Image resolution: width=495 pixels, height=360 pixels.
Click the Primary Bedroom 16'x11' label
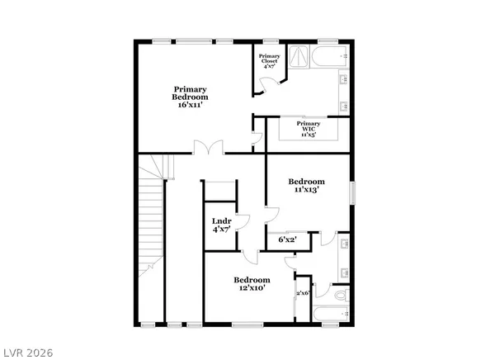click(x=189, y=97)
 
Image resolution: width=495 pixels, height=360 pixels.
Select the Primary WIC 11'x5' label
click(x=309, y=128)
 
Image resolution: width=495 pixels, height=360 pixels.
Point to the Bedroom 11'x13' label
click(x=305, y=185)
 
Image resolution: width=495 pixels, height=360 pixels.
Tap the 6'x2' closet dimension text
click(x=287, y=239)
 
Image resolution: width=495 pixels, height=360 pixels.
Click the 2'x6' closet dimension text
click(x=302, y=293)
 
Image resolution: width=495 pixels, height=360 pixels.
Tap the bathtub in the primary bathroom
click(x=332, y=57)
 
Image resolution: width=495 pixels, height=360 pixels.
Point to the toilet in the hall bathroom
click(x=342, y=295)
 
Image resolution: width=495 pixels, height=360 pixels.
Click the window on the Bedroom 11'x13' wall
click(x=352, y=192)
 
